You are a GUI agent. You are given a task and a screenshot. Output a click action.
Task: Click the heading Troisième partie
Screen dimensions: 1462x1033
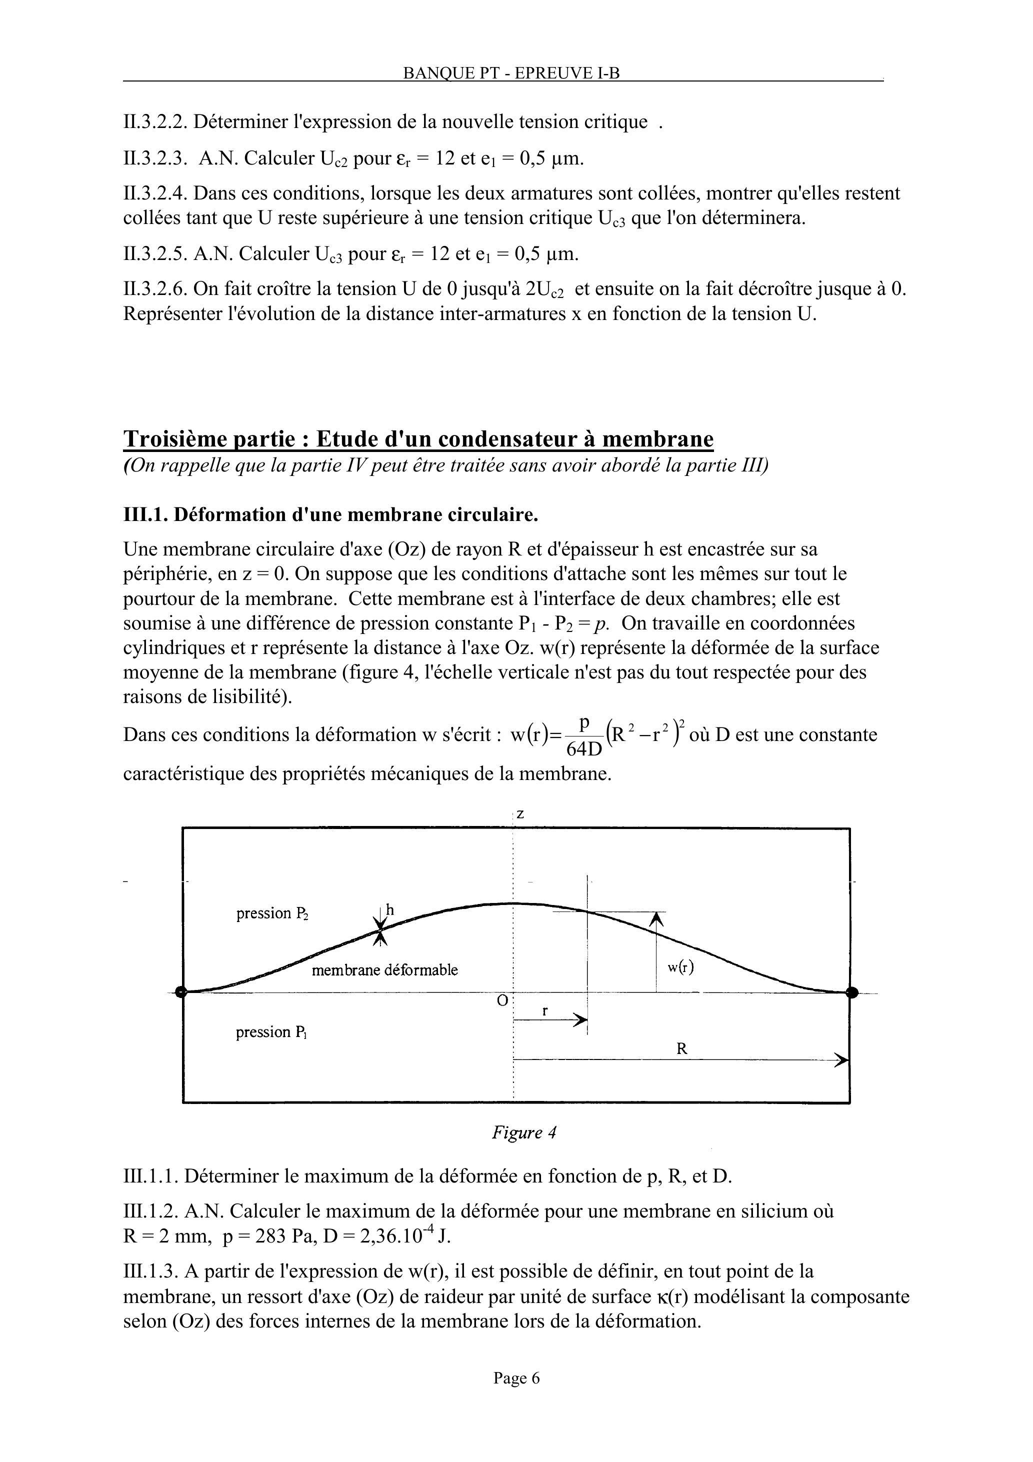tap(418, 438)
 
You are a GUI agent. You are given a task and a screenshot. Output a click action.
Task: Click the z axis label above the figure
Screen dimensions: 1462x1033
tap(520, 814)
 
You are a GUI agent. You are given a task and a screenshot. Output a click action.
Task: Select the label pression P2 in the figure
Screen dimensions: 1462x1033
tap(272, 914)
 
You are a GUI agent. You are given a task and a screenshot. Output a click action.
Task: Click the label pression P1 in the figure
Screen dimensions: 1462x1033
tap(271, 1032)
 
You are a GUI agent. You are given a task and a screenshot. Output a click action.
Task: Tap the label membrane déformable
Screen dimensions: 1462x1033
tap(384, 970)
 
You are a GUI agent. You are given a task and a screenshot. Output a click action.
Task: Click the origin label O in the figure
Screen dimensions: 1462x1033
tap(502, 1001)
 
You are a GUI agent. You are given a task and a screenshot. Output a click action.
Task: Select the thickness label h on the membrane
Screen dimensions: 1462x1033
tap(390, 910)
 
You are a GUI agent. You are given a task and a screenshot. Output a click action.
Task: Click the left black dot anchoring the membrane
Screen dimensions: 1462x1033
tap(181, 992)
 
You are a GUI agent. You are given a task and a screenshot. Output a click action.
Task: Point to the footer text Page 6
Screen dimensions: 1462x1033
tap(516, 1378)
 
